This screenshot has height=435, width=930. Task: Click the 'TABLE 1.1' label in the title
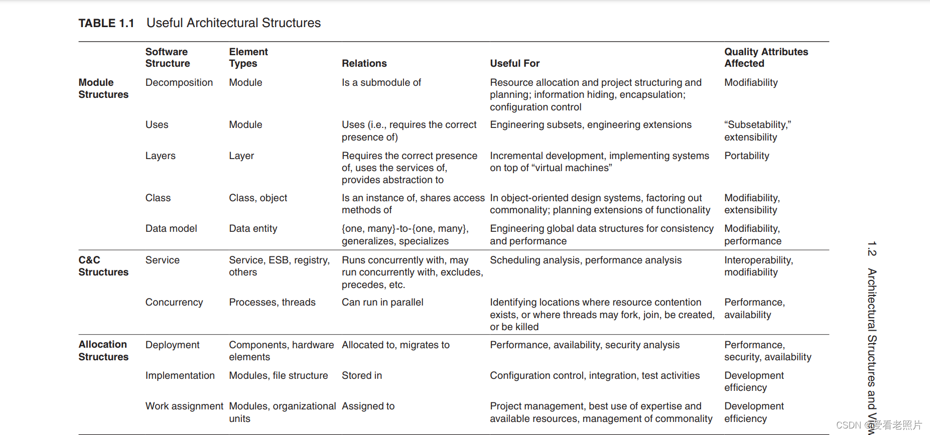(106, 23)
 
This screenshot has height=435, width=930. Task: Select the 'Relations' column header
(364, 63)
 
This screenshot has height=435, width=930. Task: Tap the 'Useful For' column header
(514, 63)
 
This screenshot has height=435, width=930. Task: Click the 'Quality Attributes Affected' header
(765, 57)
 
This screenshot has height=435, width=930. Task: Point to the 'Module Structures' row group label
(103, 88)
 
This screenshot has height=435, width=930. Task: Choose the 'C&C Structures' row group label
(103, 266)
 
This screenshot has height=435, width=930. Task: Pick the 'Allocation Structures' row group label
(103, 350)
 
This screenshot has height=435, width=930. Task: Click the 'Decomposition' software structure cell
(179, 82)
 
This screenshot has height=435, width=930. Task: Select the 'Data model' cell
(171, 228)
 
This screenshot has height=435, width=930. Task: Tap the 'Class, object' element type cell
(257, 198)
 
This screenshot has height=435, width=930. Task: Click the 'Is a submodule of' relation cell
(381, 82)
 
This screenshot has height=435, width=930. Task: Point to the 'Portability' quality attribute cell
(746, 156)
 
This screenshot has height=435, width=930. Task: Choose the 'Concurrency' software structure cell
(174, 302)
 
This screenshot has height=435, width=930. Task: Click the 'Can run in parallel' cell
(382, 302)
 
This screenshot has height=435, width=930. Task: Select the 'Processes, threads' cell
(272, 302)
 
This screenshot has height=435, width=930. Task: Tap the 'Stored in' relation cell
(361, 375)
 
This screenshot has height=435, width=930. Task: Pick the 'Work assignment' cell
(184, 406)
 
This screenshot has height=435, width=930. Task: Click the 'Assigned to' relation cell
(368, 406)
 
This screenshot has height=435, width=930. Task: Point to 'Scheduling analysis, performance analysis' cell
(585, 260)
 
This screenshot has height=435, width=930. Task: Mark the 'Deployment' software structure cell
(172, 345)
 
